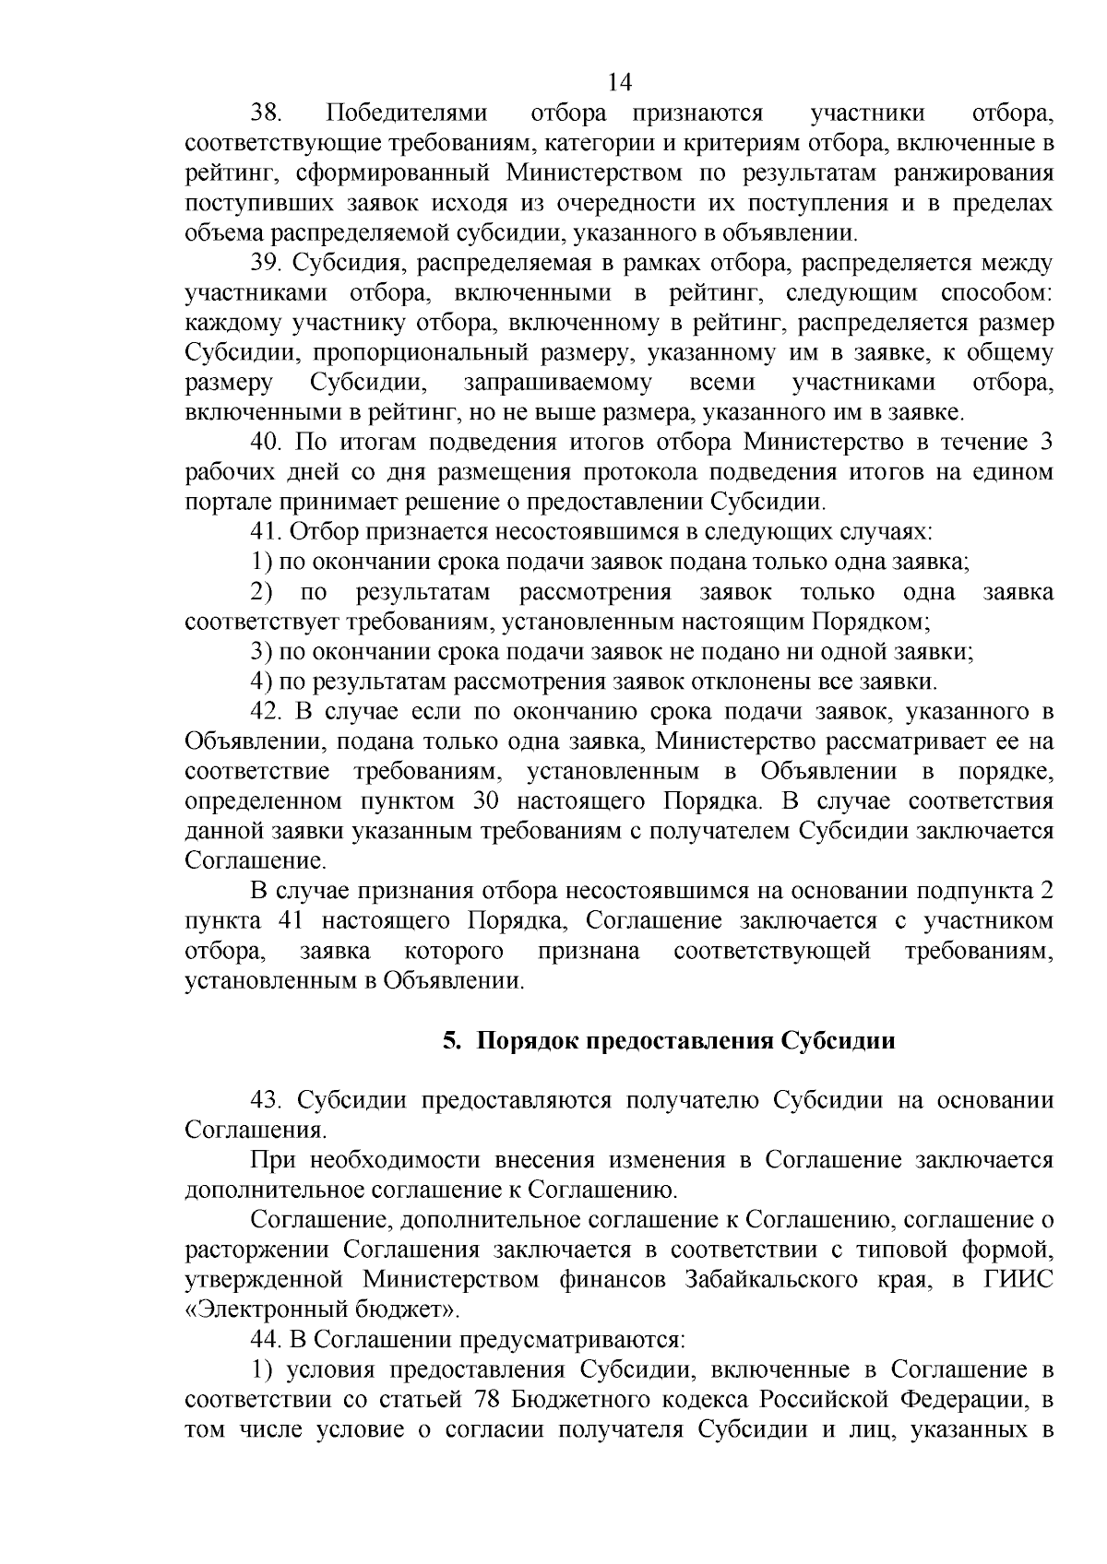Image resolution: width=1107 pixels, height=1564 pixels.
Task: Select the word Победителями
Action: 406,113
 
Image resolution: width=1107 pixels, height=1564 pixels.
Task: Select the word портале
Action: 220,503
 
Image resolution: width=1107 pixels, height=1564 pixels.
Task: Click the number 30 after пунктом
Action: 485,801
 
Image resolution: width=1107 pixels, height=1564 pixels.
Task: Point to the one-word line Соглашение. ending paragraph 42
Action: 244,861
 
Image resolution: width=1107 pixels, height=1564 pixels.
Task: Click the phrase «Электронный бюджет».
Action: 322,1309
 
